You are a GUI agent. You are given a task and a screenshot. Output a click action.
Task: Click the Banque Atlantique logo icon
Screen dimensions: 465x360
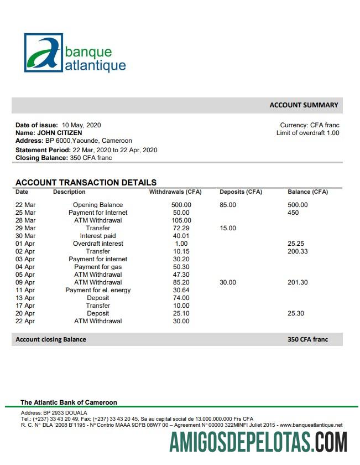[43, 53]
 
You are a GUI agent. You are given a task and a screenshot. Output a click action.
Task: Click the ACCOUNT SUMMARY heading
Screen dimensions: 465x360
[304, 105]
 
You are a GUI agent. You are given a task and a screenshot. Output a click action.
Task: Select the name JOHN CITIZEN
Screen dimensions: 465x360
[60, 133]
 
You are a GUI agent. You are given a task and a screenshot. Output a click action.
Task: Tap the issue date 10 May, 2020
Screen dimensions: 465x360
[81, 125]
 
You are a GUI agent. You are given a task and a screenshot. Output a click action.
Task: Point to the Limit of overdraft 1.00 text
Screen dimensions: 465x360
[307, 133]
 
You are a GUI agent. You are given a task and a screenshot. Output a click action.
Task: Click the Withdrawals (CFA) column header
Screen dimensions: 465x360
[175, 192]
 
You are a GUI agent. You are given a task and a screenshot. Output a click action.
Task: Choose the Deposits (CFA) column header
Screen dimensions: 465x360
[241, 192]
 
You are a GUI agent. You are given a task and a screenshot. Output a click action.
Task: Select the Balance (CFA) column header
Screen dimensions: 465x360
[307, 192]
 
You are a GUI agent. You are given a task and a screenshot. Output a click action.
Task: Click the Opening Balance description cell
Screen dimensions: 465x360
[98, 205]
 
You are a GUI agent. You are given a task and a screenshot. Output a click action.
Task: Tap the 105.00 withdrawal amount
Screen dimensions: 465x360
[181, 220]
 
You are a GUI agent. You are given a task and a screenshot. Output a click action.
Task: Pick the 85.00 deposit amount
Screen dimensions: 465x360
[228, 205]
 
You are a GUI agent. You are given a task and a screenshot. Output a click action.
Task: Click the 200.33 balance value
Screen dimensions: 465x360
[298, 251]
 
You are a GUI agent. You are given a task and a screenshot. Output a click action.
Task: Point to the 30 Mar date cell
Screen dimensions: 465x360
[25, 236]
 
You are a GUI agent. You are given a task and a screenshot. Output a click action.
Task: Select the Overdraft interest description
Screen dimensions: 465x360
[98, 244]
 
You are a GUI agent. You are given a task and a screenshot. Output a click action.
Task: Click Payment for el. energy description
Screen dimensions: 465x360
[98, 290]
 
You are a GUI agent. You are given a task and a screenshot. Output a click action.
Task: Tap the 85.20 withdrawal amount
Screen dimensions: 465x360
[181, 282]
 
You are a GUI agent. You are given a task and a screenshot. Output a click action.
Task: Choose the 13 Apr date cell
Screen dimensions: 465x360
[25, 298]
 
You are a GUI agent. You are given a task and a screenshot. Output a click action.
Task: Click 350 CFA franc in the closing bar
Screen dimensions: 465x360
[307, 339]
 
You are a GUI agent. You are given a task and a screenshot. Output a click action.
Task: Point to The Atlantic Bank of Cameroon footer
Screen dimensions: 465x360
[69, 402]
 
